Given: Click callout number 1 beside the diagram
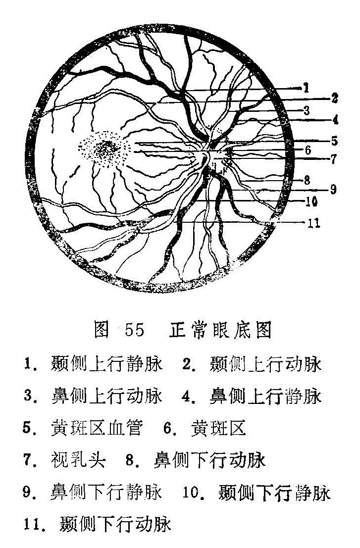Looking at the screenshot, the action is (x=306, y=87).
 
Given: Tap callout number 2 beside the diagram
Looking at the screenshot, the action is (x=334, y=98).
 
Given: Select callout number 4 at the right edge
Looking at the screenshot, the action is (x=335, y=120).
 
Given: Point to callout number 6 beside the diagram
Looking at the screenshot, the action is (x=308, y=150).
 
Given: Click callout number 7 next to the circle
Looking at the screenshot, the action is (x=334, y=159).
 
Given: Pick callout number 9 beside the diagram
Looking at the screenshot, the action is (x=333, y=189).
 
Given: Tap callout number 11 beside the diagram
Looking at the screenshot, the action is (x=314, y=223).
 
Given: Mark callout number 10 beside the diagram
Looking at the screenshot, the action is (x=311, y=201).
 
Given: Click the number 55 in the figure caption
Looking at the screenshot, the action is (x=134, y=330).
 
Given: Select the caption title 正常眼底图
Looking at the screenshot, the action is (x=220, y=330).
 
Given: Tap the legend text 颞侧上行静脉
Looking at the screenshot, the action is (x=106, y=364).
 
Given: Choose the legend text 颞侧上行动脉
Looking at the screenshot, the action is (x=265, y=364).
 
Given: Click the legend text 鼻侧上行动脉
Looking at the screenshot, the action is (x=106, y=396).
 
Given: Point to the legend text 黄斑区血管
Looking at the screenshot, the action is (x=97, y=428).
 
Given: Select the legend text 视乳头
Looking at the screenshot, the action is (x=78, y=460).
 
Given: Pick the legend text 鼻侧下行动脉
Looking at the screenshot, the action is (x=209, y=460).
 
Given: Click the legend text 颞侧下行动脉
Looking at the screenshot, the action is (x=115, y=524).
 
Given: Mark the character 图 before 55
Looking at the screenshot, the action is (x=102, y=330).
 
